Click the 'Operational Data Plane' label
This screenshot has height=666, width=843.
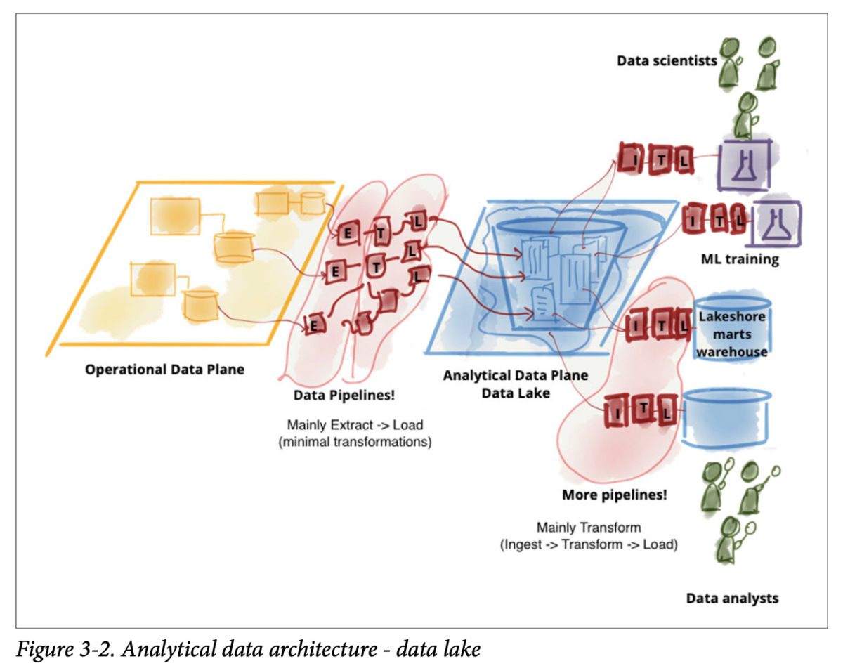(164, 370)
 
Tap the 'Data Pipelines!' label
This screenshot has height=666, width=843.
(344, 395)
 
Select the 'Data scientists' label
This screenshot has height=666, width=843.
(667, 60)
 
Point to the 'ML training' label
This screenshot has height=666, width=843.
(740, 259)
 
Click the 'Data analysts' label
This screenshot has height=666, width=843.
(732, 599)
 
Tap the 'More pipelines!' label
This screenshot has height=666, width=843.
(614, 495)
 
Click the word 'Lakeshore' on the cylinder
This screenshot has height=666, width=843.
(732, 316)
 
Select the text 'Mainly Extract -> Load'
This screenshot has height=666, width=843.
(355, 424)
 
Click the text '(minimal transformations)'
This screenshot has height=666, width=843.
(355, 442)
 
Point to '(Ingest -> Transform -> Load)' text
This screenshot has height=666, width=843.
(589, 544)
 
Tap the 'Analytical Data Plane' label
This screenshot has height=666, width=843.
(516, 375)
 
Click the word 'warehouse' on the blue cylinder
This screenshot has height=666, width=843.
(732, 352)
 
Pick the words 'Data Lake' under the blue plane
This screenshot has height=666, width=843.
(516, 393)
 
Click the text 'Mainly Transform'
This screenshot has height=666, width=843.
(589, 528)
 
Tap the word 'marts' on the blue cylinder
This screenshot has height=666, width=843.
(732, 334)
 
